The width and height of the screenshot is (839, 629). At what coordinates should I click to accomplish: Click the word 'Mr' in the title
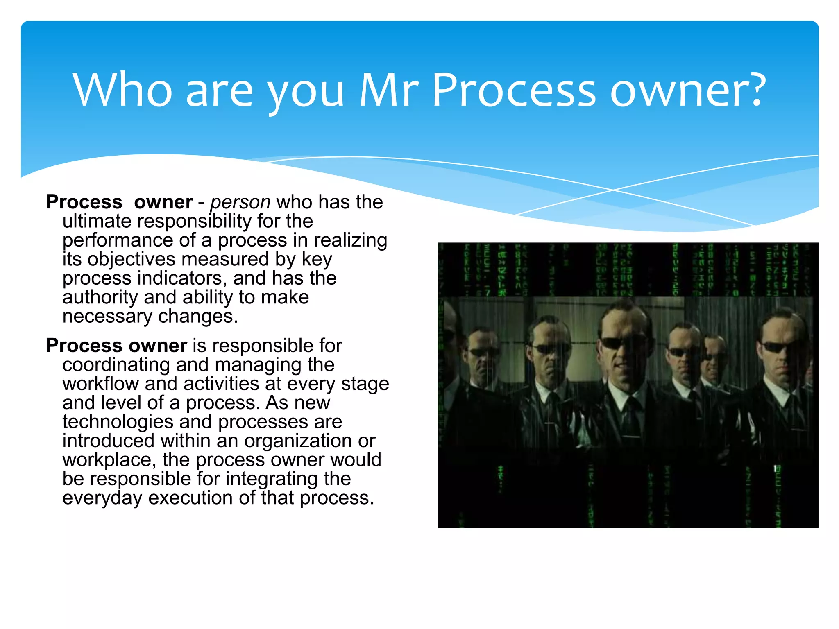coord(389,90)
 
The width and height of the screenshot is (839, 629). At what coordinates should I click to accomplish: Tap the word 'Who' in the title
coord(122,90)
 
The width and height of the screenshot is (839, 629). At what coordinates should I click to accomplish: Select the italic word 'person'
coord(240,202)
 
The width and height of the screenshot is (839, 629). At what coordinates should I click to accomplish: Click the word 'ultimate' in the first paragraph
coord(96,221)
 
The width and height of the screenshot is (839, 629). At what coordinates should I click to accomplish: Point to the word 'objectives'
coord(131,260)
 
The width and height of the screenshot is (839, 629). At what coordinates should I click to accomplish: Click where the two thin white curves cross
coord(613,190)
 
